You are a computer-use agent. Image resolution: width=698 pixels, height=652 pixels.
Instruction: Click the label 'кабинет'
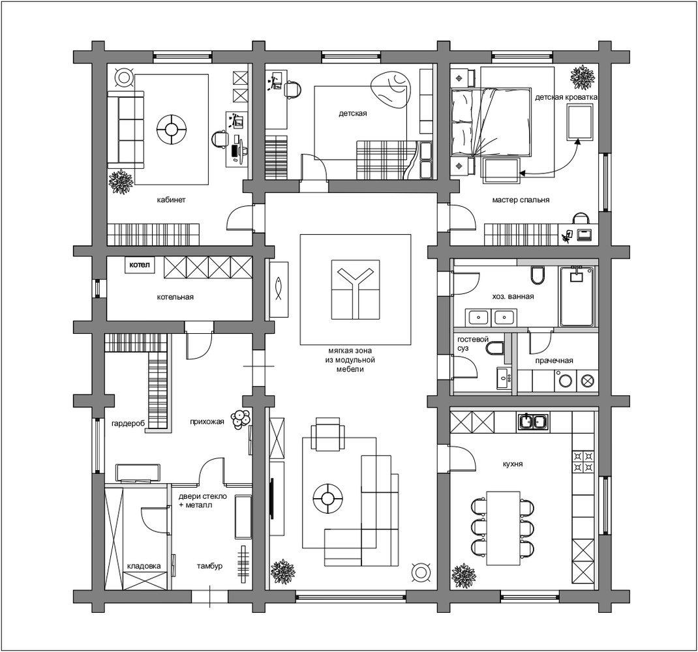(171, 200)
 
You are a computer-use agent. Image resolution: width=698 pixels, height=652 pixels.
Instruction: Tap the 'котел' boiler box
(140, 265)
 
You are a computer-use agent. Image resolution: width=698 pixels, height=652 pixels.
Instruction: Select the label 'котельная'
(175, 297)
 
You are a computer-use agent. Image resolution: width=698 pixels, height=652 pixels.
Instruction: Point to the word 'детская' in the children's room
(352, 113)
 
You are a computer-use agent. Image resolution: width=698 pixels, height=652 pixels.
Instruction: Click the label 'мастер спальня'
(521, 200)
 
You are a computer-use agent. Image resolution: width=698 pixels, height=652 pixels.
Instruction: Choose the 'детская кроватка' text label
(566, 97)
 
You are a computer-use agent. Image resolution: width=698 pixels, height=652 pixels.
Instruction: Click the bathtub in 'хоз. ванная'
(577, 297)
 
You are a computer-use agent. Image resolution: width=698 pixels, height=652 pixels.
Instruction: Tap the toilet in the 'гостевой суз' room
(494, 348)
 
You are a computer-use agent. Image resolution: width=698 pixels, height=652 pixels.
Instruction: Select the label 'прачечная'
(554, 361)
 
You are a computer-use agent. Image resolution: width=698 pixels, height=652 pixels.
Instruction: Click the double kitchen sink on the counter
(533, 421)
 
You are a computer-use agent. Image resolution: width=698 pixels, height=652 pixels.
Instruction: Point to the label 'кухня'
(513, 464)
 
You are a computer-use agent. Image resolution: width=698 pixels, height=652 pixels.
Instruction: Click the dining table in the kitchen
(504, 528)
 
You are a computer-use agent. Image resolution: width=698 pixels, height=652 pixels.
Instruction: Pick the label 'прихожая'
(207, 422)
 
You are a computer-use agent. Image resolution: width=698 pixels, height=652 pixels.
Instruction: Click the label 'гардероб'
(129, 423)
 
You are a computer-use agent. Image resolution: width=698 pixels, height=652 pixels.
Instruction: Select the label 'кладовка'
(144, 566)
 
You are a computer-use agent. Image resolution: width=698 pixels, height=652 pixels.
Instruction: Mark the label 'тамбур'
(209, 566)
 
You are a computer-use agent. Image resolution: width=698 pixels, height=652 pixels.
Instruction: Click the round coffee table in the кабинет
(172, 129)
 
